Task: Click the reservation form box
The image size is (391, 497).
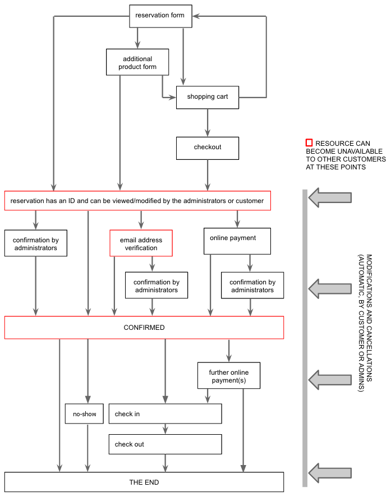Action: click(160, 16)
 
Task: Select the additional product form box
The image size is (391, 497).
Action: click(137, 62)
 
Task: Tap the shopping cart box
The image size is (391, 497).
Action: click(208, 96)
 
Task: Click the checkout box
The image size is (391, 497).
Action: click(208, 148)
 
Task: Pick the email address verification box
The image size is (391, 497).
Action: click(141, 243)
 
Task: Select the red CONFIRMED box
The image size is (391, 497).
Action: click(144, 328)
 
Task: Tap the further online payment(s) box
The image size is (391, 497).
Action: click(229, 376)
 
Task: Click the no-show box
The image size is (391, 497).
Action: click(85, 415)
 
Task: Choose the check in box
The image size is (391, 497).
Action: click(165, 414)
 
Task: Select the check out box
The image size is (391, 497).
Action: click(165, 444)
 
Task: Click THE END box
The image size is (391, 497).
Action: click(144, 482)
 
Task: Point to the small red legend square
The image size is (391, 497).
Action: click(309, 144)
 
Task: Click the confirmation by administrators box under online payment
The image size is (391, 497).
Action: click(252, 286)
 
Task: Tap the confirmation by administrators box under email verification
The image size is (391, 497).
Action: click(156, 286)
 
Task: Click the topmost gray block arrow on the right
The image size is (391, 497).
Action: click(330, 197)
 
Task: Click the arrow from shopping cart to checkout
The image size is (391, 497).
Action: click(208, 122)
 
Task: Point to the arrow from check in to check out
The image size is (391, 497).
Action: click(165, 429)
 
